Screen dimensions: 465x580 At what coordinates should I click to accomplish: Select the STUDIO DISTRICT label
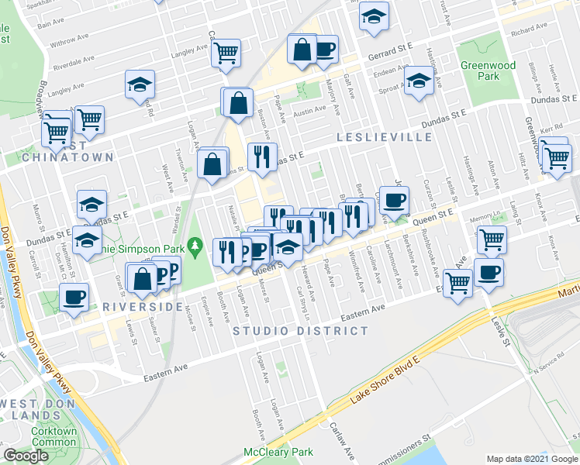pos(301,331)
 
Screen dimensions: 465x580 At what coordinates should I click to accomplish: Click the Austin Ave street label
pos(309,111)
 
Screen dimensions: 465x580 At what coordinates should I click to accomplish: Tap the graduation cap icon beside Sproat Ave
pos(419,80)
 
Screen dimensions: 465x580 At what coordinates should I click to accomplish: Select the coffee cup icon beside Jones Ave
pos(395,201)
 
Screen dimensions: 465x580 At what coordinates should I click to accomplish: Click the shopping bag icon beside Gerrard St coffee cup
pos(301,50)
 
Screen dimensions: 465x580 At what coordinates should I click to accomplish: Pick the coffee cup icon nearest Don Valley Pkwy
pos(74,296)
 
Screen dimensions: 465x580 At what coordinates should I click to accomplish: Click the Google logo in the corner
pos(26,456)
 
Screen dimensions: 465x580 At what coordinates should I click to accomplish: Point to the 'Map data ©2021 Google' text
pos(532,459)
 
